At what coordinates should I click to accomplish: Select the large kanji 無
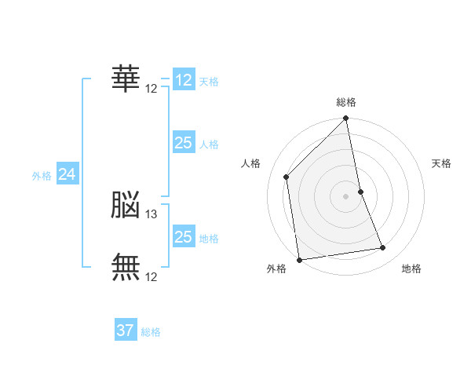(126, 268)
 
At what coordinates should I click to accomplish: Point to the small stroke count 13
(152, 214)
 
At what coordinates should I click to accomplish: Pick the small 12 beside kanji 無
(152, 276)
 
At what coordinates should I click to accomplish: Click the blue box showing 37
(126, 331)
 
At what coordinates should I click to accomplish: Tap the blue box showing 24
(68, 174)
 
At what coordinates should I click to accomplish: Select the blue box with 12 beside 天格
(183, 80)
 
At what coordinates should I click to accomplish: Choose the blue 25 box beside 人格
(183, 143)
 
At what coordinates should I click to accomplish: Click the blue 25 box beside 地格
(183, 237)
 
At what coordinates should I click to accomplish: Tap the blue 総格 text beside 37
(151, 332)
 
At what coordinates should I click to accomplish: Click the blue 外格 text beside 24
(42, 176)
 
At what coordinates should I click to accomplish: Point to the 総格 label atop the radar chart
(346, 102)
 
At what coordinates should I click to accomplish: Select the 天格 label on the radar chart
(441, 163)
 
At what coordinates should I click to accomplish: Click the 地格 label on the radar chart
(411, 269)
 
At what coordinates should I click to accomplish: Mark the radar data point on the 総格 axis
(346, 119)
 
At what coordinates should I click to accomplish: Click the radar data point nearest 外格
(299, 259)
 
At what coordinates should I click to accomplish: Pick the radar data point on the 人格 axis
(287, 177)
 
